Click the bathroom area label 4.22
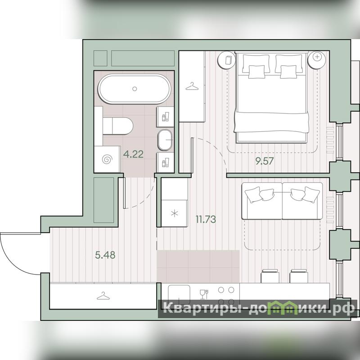point(133,154)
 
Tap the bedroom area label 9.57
point(265,161)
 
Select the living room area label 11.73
point(206,219)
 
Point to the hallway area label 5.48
point(105,255)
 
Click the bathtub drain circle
point(135,89)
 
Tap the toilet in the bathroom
point(118,126)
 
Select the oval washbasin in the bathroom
point(165,140)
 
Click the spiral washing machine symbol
point(107,159)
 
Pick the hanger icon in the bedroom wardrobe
point(192,86)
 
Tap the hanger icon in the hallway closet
point(103,296)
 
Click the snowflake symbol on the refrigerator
point(175,213)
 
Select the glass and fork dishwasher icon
point(204,294)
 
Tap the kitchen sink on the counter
point(179,295)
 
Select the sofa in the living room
point(282,201)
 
